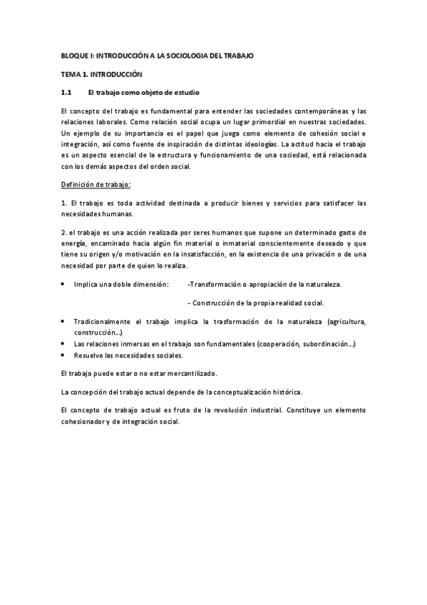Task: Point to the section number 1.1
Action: (67, 93)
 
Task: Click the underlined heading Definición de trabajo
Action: (96, 185)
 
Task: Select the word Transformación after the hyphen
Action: (215, 284)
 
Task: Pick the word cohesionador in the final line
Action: (88, 422)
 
